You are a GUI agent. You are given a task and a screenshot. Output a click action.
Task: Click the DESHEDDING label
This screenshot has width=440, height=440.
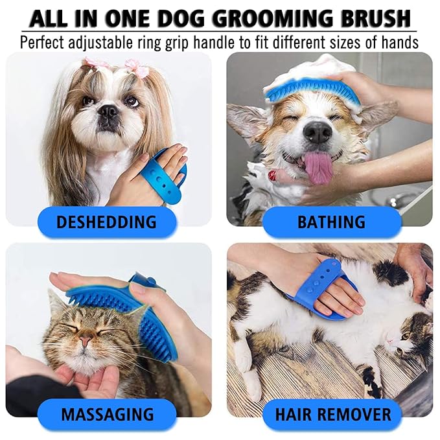106,222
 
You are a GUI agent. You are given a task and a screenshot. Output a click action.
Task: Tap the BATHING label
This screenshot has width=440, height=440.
331,222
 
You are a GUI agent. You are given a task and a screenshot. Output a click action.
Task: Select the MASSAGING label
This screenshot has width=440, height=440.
107,413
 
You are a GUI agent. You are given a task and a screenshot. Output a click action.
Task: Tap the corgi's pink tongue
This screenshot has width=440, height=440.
318,167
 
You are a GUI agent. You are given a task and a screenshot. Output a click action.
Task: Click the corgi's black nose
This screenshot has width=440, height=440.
318,132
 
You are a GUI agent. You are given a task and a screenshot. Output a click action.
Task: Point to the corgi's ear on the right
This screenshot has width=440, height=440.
378,117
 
